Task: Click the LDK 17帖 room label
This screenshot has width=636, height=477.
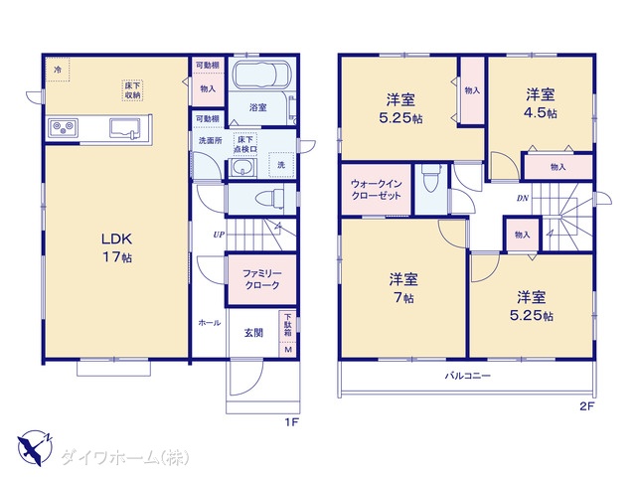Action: (117, 247)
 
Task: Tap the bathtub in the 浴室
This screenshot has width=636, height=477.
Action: (261, 75)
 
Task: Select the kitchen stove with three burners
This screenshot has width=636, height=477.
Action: (64, 128)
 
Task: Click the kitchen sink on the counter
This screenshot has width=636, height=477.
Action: (125, 128)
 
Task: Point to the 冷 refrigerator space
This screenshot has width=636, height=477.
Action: (58, 70)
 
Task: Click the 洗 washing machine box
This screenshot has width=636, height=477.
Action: (281, 165)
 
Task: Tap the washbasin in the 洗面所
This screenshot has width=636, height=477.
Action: (242, 167)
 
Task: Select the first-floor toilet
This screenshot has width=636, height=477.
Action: (269, 199)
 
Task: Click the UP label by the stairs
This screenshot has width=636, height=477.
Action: (219, 235)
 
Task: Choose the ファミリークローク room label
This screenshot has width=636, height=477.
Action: (262, 279)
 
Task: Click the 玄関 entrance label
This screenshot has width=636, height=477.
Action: (253, 333)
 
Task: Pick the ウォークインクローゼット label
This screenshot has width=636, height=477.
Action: (376, 190)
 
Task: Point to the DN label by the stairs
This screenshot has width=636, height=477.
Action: (523, 199)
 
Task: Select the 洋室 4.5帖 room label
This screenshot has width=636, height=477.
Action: (541, 103)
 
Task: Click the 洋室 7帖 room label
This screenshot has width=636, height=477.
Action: (403, 288)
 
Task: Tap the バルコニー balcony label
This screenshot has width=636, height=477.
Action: (468, 376)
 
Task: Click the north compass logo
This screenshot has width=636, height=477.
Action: (36, 448)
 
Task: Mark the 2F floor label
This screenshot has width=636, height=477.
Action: (586, 406)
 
